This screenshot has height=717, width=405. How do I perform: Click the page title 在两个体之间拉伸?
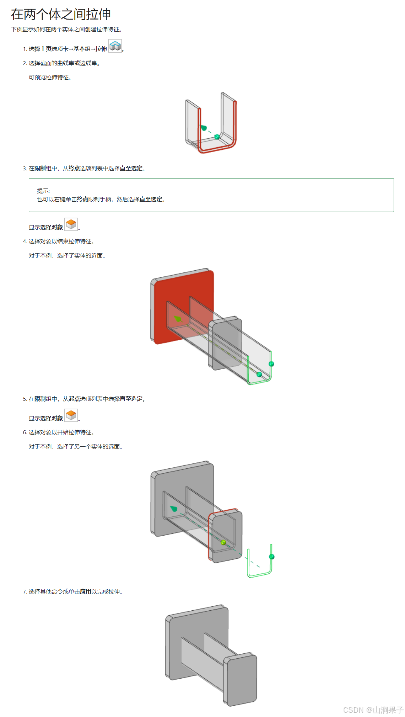(x=61, y=14)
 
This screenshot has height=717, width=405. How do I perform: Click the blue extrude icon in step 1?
(x=115, y=46)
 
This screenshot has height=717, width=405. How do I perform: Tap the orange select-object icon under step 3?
(x=71, y=224)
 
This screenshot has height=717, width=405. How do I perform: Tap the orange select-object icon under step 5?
(x=71, y=415)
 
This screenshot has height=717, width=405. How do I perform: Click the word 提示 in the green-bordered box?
(x=43, y=191)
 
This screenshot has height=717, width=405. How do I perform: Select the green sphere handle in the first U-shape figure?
(x=217, y=137)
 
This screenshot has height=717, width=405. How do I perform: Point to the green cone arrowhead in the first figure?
(x=204, y=128)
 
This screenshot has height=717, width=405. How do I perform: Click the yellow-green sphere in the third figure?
(x=223, y=542)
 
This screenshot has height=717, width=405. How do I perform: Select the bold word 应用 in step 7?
(x=86, y=592)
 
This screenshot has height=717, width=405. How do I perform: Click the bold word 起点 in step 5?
(x=74, y=399)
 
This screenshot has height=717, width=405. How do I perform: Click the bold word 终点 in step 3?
(x=74, y=169)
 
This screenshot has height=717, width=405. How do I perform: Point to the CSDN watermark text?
(x=373, y=710)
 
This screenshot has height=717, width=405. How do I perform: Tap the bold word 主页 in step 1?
(x=46, y=49)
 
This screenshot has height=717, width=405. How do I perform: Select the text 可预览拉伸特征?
(x=50, y=78)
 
